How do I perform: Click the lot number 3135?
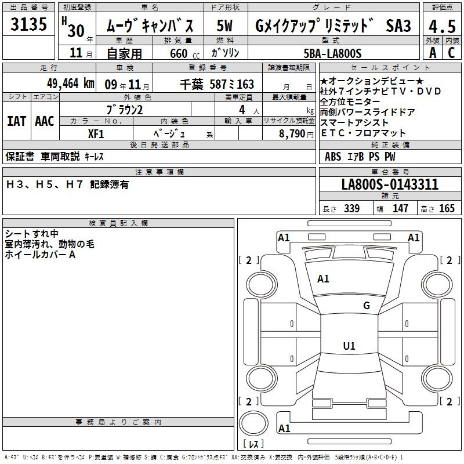[28, 24]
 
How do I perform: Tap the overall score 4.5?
[442, 27]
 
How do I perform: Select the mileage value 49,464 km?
[71, 84]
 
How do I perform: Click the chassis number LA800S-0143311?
[390, 184]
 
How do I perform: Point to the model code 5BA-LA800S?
[332, 53]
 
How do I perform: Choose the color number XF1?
[96, 134]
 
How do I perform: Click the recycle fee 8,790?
[292, 133]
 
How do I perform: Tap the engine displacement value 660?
[179, 53]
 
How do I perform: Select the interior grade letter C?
[451, 53]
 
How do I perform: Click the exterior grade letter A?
[433, 53]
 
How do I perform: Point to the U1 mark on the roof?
[349, 346]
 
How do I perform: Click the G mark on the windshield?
[367, 306]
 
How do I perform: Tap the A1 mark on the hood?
[323, 279]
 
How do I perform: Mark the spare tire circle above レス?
[253, 423]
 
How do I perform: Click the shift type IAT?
[16, 121]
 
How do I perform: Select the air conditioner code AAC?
[45, 121]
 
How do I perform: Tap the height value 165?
[447, 208]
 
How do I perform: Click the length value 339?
[352, 208]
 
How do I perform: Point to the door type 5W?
[224, 26]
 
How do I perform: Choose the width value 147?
[400, 208]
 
